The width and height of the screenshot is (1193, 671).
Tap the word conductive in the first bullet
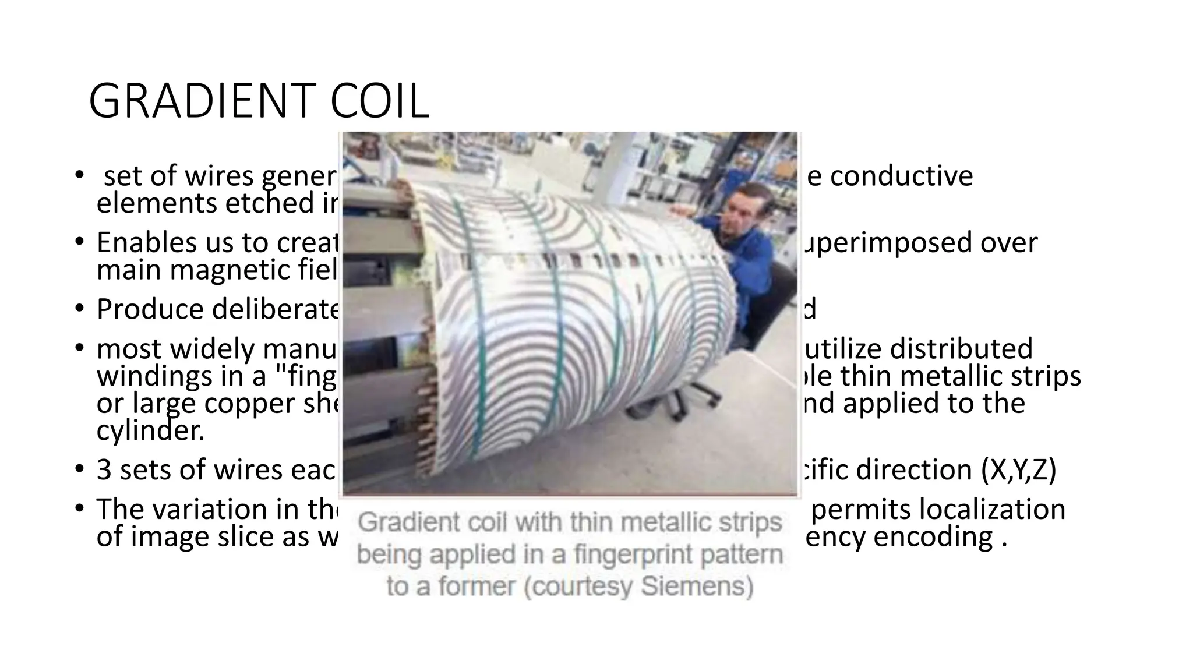pos(901,176)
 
